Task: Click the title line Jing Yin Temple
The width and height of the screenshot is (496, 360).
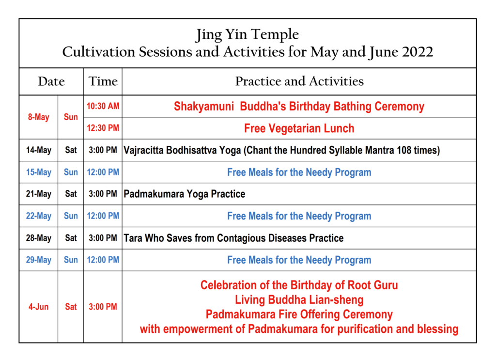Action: pos(247,34)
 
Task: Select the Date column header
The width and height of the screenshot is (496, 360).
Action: pos(51,81)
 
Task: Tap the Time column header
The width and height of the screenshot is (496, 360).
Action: pos(103,81)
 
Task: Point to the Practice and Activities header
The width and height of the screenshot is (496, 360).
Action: pos(299,81)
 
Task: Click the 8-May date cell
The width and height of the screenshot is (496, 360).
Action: pos(39,117)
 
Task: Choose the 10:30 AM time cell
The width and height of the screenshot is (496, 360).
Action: pos(103,106)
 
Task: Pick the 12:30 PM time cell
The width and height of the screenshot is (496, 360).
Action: pos(103,128)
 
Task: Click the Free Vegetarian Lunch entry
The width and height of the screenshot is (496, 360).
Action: pos(299,128)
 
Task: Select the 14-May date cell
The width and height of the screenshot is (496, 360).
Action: pos(39,150)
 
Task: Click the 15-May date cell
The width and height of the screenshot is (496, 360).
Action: pos(39,172)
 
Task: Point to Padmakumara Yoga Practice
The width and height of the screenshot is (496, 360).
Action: pos(185,194)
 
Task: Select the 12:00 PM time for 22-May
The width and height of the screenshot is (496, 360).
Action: pos(103,216)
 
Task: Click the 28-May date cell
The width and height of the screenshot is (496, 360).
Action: pos(39,238)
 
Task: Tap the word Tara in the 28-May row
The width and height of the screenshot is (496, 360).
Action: pos(133,238)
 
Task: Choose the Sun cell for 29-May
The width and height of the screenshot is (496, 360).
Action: pos(71,260)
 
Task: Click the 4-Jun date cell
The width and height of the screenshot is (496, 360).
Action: pos(39,307)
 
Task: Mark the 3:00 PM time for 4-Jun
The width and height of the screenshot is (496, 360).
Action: pos(103,307)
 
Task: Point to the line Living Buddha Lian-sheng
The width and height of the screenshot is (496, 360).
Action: pos(299,300)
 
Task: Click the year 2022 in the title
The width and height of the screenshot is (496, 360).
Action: pos(418,52)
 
